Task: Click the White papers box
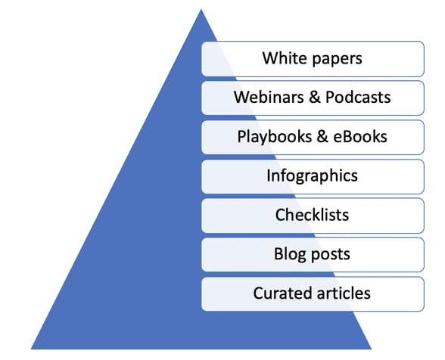pos(312,58)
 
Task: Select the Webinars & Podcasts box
pos(312,98)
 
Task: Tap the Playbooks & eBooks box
pos(312,137)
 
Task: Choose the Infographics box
pos(312,176)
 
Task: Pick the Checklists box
pos(312,216)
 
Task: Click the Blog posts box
pos(312,254)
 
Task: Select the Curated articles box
pos(312,293)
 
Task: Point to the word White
pos(280,58)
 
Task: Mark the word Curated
pos(279,293)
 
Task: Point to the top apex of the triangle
pos(201,10)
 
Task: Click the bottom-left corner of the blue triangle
pos(32,349)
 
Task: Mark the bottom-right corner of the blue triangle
pos(371,349)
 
